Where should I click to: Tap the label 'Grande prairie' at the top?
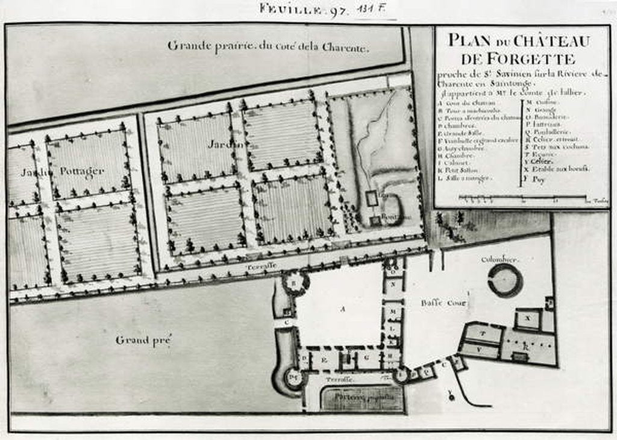click(x=268, y=46)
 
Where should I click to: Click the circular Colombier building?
click(x=504, y=280)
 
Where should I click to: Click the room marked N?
click(x=393, y=283)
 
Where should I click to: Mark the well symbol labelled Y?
click(x=451, y=395)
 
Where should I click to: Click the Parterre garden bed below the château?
click(x=361, y=398)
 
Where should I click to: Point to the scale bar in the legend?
click(x=522, y=197)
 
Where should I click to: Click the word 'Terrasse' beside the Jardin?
click(x=261, y=265)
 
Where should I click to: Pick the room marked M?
click(x=393, y=310)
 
